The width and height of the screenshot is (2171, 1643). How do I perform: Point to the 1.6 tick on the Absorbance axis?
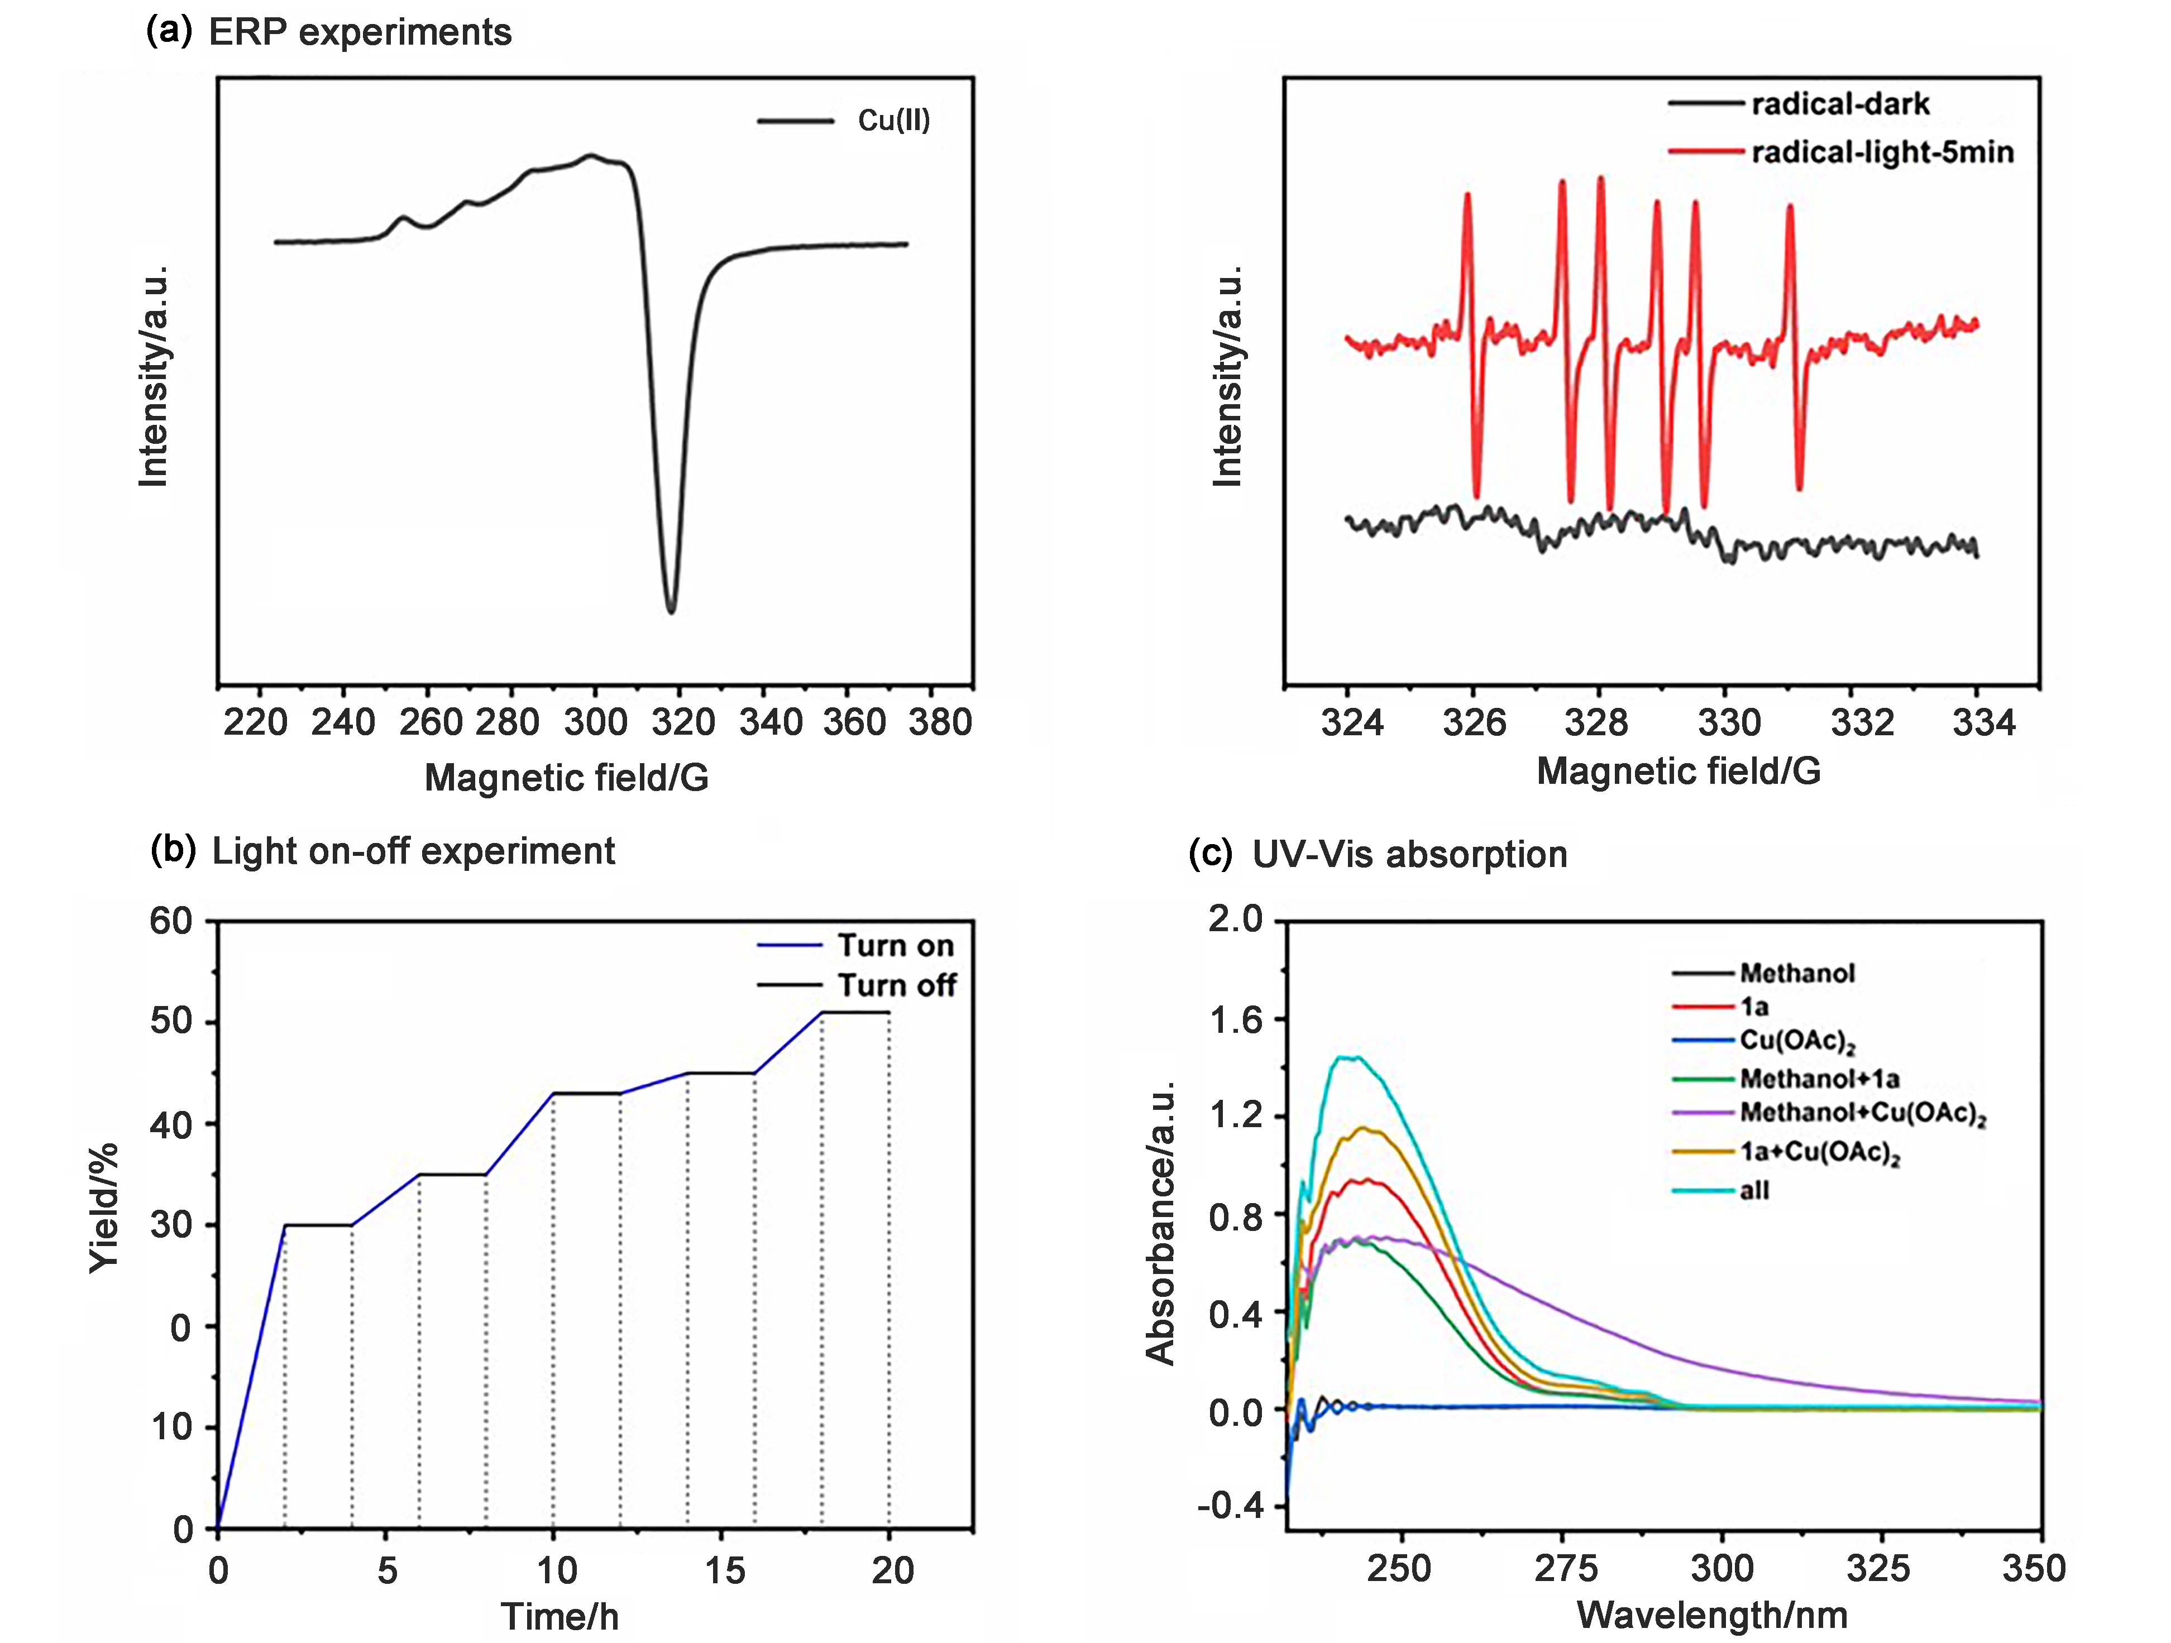click(x=1237, y=1021)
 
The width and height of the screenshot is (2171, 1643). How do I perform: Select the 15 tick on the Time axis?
click(x=724, y=1570)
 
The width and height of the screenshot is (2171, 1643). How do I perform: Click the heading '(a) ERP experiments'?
click(x=329, y=32)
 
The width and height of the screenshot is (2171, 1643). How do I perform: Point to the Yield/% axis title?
click(x=104, y=1207)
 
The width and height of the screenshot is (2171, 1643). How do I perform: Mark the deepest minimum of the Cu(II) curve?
click(x=671, y=611)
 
